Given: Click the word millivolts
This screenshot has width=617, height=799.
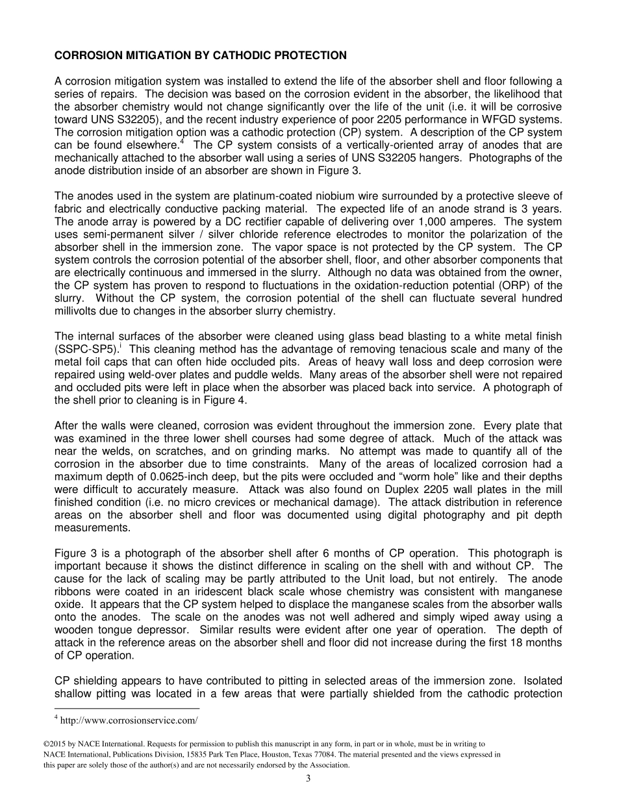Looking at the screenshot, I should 79,311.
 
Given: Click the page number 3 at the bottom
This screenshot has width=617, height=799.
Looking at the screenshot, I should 308,778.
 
